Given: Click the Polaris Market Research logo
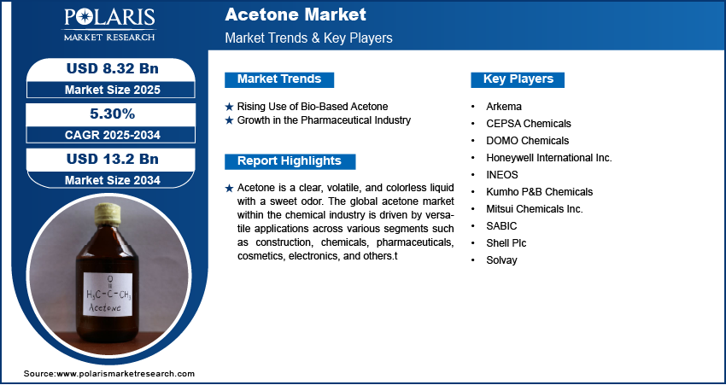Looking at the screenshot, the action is (x=109, y=25).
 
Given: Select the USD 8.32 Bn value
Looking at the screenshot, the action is (x=113, y=69).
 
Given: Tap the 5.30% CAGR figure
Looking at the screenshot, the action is (x=112, y=114).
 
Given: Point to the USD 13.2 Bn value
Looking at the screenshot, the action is (x=113, y=159).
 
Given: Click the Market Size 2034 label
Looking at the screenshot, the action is (x=113, y=180).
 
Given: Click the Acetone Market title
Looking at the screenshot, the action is (x=296, y=15).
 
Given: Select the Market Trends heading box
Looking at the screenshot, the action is (x=279, y=79).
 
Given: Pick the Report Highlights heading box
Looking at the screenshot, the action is (x=290, y=161).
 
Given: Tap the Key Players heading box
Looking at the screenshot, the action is (x=518, y=79).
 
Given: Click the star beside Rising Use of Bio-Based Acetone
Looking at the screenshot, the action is (x=229, y=107).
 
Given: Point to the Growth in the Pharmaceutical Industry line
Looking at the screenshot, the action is (x=324, y=120).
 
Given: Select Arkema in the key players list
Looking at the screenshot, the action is (x=504, y=107).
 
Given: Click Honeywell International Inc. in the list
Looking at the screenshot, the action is (x=549, y=158).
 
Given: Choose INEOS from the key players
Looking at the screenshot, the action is (x=502, y=175).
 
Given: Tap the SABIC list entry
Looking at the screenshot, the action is (x=501, y=226).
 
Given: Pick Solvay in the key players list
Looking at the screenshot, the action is (x=501, y=260).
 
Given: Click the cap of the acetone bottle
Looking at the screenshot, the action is (x=108, y=214).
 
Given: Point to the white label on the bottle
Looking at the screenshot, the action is (x=108, y=295).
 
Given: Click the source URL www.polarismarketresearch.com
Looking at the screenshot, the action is (x=126, y=374).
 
